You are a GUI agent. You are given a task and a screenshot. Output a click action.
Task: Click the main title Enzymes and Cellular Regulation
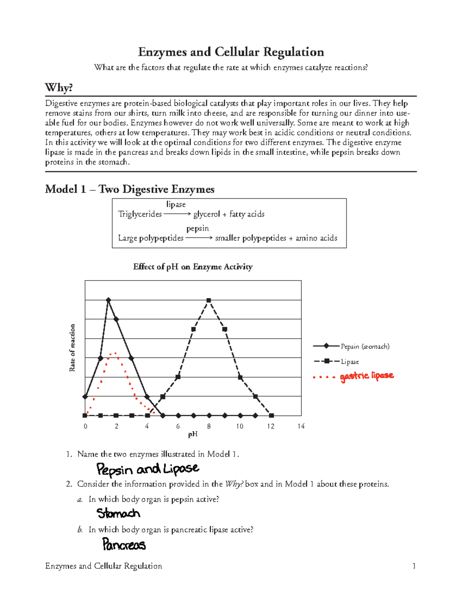coord(231,52)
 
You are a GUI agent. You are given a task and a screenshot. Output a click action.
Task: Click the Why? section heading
coord(59,88)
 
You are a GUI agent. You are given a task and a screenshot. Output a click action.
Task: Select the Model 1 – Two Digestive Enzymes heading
coord(129,189)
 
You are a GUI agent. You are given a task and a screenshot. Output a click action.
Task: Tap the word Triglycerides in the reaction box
coord(140,214)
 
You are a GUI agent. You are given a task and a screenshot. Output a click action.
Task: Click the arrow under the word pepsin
coord(199,238)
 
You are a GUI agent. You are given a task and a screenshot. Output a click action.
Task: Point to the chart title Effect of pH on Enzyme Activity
coord(192,267)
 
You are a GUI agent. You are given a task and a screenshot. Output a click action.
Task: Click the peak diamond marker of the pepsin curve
coord(109,300)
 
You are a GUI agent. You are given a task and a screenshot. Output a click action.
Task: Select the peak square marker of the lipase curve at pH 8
coord(209,300)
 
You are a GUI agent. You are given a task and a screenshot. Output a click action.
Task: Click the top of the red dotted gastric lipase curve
coord(113,353)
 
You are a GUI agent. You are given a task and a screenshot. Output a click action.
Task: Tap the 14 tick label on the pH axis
coord(301,426)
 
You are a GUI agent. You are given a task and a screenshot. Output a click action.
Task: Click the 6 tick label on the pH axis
coord(178,426)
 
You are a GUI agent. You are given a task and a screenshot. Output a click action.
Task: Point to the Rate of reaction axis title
coord(72,348)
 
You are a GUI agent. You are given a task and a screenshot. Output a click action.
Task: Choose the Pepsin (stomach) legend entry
coord(365,346)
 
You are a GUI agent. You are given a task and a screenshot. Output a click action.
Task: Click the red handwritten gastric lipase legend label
coord(367,376)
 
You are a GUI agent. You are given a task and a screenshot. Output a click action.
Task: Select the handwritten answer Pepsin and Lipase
coord(147,469)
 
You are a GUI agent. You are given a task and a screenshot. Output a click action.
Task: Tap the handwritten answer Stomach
coord(118,513)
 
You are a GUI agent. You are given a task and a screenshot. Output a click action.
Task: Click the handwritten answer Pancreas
coord(124,545)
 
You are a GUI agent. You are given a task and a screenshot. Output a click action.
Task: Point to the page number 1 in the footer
coord(414,566)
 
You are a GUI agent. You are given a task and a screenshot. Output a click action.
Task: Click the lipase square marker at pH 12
coord(271,416)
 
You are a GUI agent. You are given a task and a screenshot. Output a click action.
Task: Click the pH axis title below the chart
coord(192,434)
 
